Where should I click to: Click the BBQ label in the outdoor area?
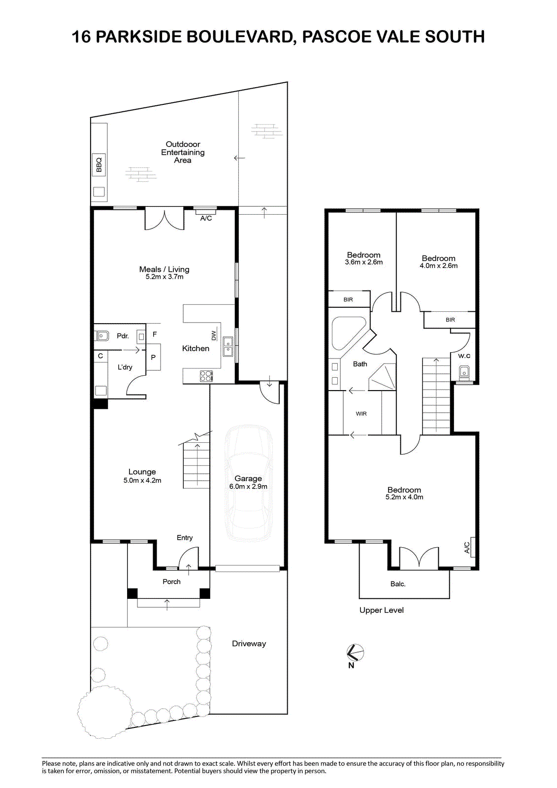pos(99,164)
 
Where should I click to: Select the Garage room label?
pos(248,478)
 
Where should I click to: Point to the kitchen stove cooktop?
pos(206,376)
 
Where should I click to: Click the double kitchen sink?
pos(228,347)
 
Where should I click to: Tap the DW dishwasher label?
pos(214,335)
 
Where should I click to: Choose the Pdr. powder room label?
pos(123,336)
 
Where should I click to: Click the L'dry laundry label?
pos(125,367)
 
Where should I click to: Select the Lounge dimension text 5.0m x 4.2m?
pos(142,480)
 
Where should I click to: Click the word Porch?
pos(171,582)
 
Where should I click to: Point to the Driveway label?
pos(249,644)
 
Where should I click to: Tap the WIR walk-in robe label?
pos(361,414)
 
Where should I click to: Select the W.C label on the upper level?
pos(464,356)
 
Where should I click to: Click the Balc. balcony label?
pos(398,584)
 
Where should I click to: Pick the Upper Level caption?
pos(381,610)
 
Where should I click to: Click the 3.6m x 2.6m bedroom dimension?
pos(364,262)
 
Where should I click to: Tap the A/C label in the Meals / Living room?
pos(206,218)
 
